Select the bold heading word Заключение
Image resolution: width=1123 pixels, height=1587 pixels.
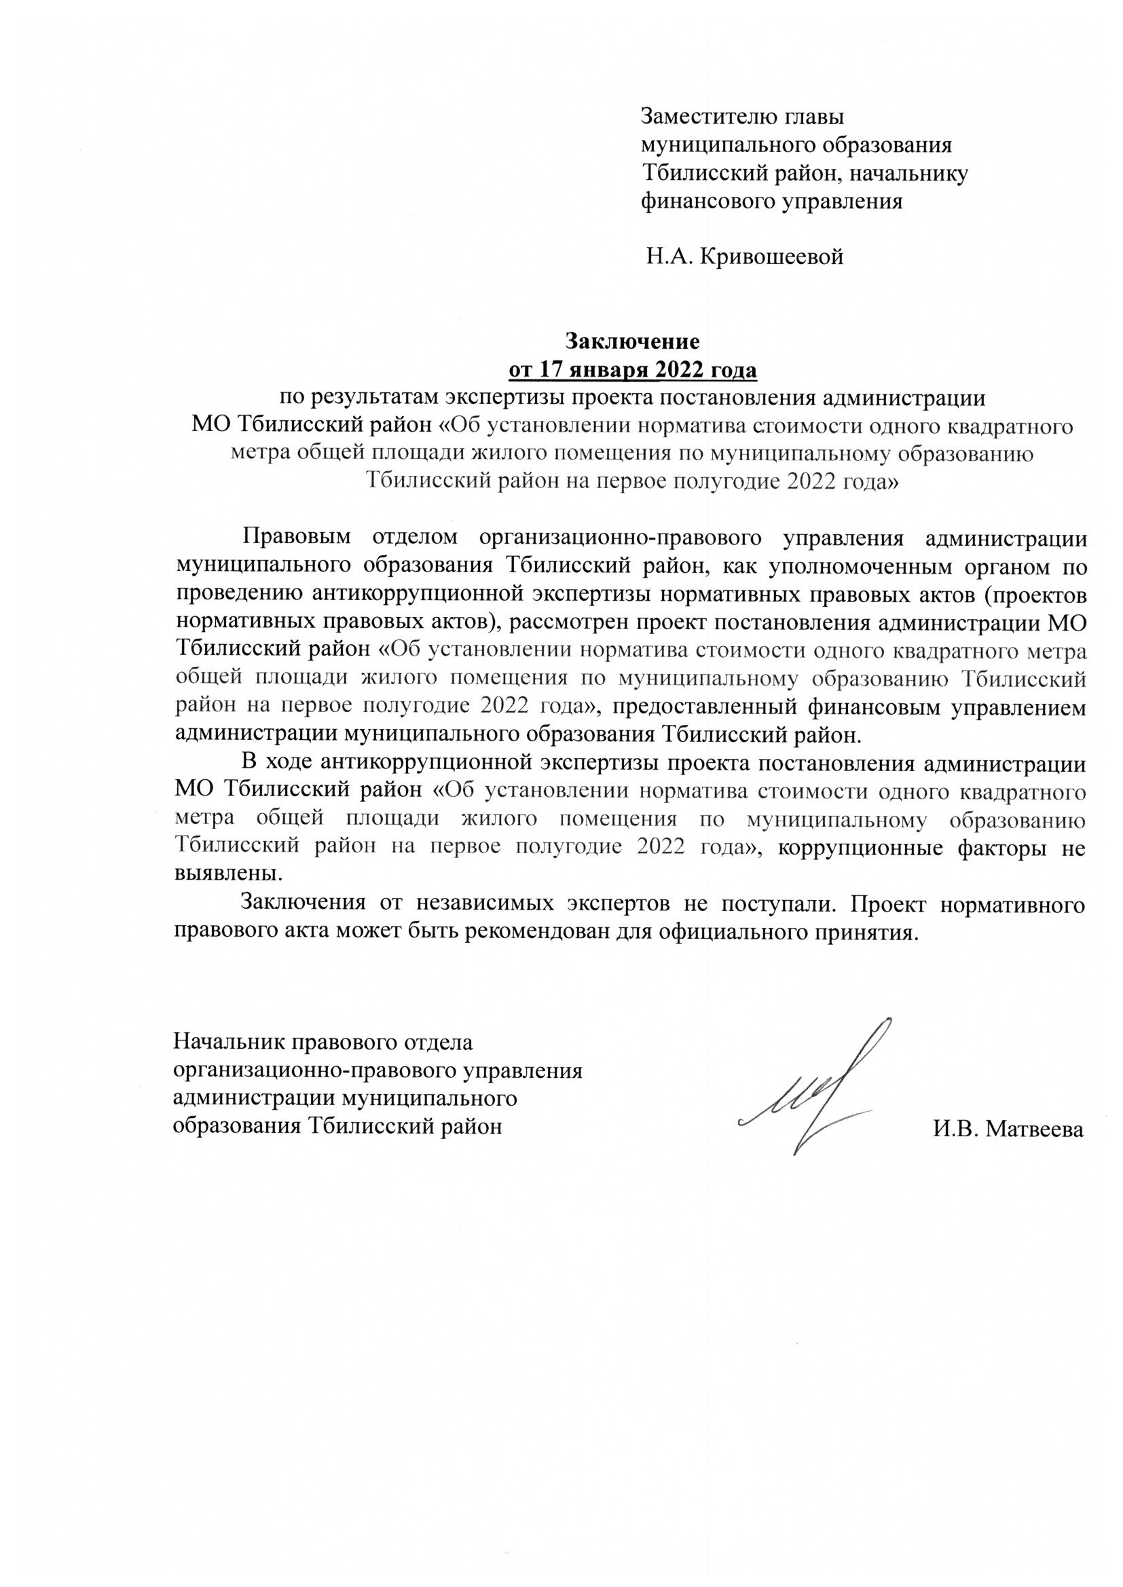tap(633, 341)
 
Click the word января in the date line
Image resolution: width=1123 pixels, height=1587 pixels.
tap(613, 371)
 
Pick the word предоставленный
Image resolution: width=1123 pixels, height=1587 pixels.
tap(715, 708)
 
